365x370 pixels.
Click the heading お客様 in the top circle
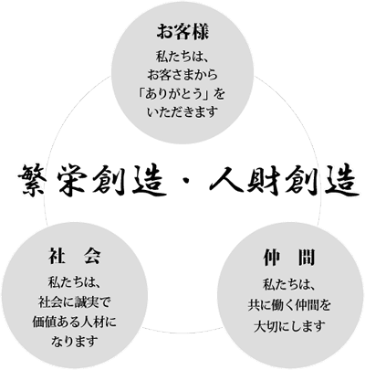(x=182, y=32)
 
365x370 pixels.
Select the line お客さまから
(x=182, y=75)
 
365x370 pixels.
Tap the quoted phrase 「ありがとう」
(x=173, y=94)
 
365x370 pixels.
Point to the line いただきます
(x=182, y=112)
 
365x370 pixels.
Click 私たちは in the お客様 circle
(x=178, y=56)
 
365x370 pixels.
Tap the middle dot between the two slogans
(x=185, y=183)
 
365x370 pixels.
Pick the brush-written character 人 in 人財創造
(x=227, y=181)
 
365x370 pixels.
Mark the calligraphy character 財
(x=264, y=181)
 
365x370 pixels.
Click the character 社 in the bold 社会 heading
(x=57, y=256)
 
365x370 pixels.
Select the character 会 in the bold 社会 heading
(x=91, y=256)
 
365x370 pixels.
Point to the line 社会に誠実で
(x=75, y=302)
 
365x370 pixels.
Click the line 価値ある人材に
(x=75, y=322)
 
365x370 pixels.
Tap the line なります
(x=75, y=341)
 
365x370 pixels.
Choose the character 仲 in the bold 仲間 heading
(x=272, y=258)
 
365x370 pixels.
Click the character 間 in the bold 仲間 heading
(x=307, y=258)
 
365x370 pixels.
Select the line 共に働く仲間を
(x=289, y=305)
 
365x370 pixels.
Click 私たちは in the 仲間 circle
(x=285, y=286)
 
